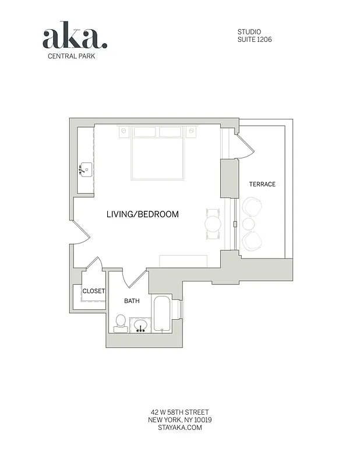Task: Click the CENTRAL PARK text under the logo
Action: (x=71, y=57)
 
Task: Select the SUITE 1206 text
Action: (x=255, y=40)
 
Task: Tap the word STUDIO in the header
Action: (x=249, y=31)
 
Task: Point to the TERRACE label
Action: (x=262, y=184)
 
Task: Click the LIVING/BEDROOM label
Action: (x=143, y=214)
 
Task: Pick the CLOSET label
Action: (x=93, y=291)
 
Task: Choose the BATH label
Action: (x=132, y=301)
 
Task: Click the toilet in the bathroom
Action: (x=121, y=323)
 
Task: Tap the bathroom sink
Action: (x=140, y=325)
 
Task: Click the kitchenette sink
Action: (x=85, y=170)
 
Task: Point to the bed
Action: (x=157, y=154)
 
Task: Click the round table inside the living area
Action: (x=213, y=223)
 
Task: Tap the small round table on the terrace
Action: (x=249, y=224)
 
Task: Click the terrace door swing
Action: (x=245, y=146)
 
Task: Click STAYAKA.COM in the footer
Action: (x=179, y=428)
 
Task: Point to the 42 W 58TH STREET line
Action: (x=179, y=412)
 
